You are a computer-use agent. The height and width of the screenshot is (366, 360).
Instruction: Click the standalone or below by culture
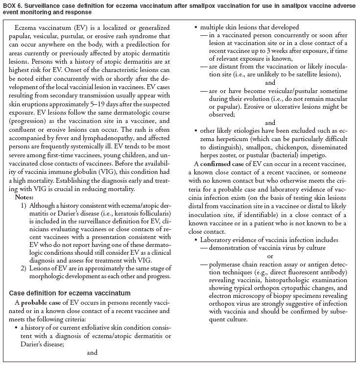click(x=270, y=256)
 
